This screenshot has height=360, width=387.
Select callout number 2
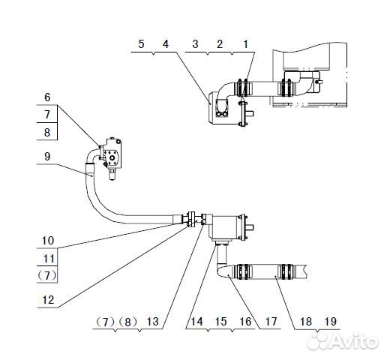tap(220, 44)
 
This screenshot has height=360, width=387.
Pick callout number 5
tap(140, 44)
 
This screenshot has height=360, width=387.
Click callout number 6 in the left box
tap(47, 97)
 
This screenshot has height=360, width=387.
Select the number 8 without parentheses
tap(47, 133)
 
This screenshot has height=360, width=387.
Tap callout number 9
tap(47, 156)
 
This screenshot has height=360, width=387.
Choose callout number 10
tap(47, 241)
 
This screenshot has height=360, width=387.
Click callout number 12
tap(47, 299)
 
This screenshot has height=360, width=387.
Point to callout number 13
tap(153, 322)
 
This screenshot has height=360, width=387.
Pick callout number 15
tap(220, 322)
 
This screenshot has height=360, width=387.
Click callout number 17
tap(271, 322)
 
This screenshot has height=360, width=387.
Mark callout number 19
tap(330, 322)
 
